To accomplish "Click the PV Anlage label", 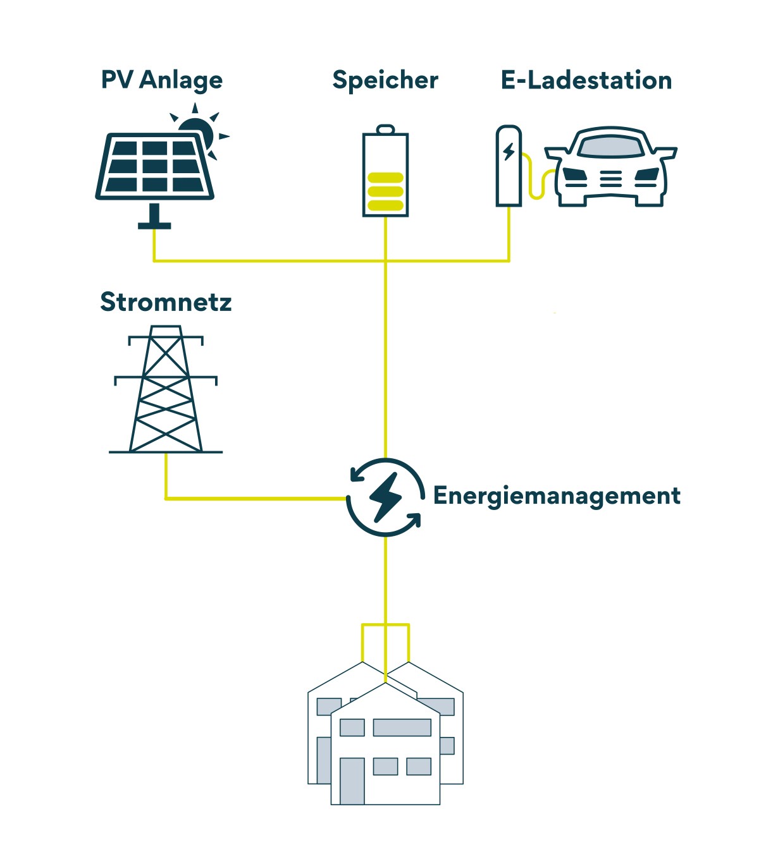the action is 162,80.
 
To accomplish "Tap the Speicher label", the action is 385,80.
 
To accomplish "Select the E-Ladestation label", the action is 586,80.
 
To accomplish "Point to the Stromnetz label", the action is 166,301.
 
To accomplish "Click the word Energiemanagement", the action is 557,495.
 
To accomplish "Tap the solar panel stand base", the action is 154,226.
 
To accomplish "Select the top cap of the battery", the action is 385,129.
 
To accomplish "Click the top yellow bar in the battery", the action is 385,178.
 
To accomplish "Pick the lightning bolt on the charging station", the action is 509,152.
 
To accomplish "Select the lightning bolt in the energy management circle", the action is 385,497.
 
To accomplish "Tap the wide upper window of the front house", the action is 402,727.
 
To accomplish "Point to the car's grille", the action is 611,179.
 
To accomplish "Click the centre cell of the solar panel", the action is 155,166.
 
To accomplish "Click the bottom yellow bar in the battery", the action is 385,205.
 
